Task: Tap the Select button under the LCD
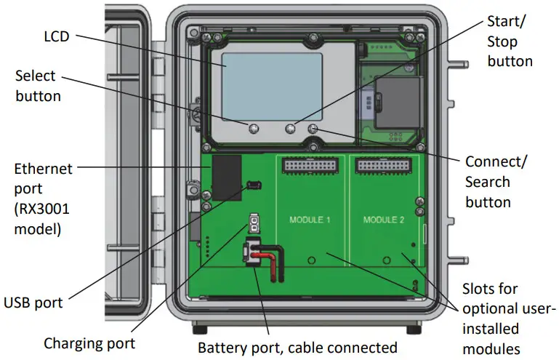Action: tap(253, 129)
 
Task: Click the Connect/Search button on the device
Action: tap(313, 129)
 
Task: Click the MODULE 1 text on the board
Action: tap(310, 219)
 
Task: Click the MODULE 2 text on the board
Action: tap(383, 219)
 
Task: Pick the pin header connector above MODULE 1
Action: tap(310, 167)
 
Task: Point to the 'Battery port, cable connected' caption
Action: tap(298, 347)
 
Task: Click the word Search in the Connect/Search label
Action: tap(488, 181)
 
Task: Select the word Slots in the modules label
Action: tap(482, 289)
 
